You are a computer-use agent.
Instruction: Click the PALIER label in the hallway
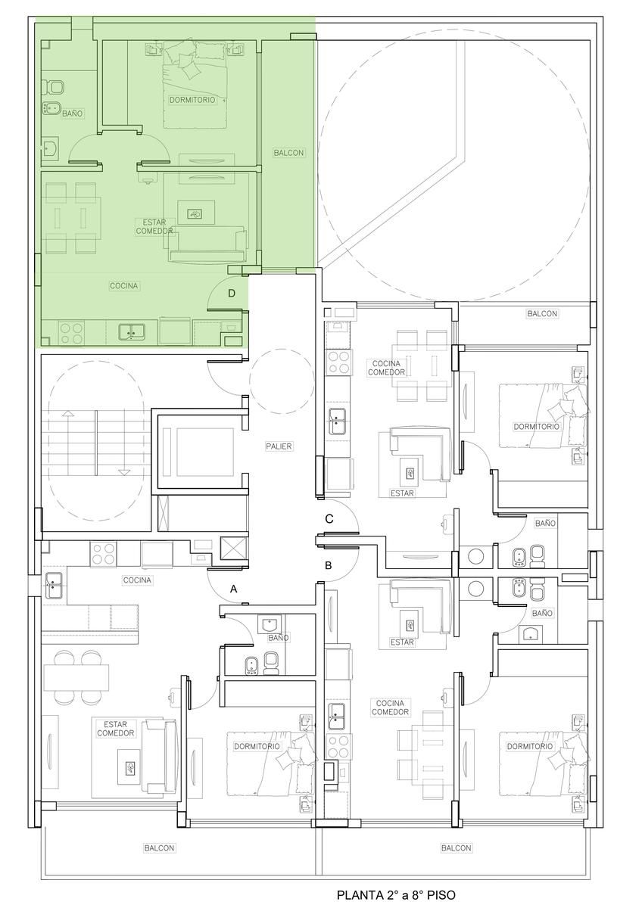click(x=279, y=446)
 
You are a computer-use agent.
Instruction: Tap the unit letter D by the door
click(x=232, y=293)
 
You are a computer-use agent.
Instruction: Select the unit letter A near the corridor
click(x=233, y=589)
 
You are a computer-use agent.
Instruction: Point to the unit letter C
click(x=329, y=519)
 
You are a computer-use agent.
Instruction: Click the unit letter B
click(x=328, y=565)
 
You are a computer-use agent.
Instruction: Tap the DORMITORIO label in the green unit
click(x=192, y=100)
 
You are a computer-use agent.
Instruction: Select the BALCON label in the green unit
click(x=288, y=153)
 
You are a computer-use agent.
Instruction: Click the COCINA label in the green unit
click(x=124, y=286)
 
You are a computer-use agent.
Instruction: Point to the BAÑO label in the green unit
click(x=72, y=113)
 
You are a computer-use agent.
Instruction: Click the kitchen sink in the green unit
click(x=132, y=332)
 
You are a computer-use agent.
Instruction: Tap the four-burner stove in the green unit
click(x=71, y=333)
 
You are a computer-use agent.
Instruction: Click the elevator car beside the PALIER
click(x=198, y=452)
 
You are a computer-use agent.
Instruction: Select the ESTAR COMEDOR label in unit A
click(x=116, y=729)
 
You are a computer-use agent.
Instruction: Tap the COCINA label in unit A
click(x=137, y=580)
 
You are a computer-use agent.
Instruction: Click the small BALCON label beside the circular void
click(x=542, y=313)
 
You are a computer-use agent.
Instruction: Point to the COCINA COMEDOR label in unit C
click(x=386, y=368)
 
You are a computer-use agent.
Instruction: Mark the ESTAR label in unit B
click(x=402, y=642)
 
